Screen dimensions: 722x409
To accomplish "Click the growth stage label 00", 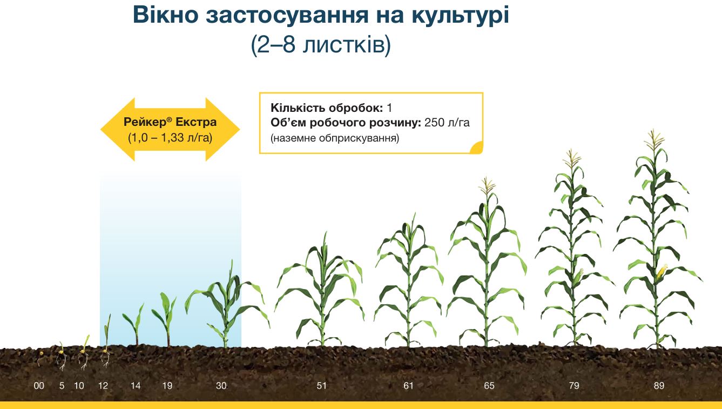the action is tap(39, 385).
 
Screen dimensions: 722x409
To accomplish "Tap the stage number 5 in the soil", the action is tap(62, 385).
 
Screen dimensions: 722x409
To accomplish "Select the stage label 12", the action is tap(103, 385).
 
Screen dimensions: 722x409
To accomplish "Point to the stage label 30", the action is tap(221, 385).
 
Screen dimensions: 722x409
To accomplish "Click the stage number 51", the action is tap(322, 385).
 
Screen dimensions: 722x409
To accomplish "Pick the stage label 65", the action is tap(489, 385).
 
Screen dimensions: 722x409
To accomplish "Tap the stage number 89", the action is tap(659, 385).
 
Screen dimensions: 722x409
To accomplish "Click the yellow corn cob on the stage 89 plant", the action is tap(662, 272).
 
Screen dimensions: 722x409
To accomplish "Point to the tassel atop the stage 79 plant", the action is tap(572, 158).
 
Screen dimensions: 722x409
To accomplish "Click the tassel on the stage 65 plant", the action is tap(487, 186).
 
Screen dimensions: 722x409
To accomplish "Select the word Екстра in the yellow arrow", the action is tap(196, 122).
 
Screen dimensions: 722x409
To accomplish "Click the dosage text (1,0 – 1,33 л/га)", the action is tap(170, 138).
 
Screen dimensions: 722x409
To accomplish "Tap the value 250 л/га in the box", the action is tap(447, 123).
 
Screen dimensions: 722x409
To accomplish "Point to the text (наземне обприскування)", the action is tap(335, 138).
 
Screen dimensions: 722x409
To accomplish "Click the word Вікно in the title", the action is tap(165, 15).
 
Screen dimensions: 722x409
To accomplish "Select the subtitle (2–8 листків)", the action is tap(321, 44).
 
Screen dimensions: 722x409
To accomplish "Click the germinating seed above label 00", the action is tap(41, 357).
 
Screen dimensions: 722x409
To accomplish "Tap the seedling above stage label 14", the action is tap(134, 324).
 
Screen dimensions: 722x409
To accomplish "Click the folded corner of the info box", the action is tap(476, 147).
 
